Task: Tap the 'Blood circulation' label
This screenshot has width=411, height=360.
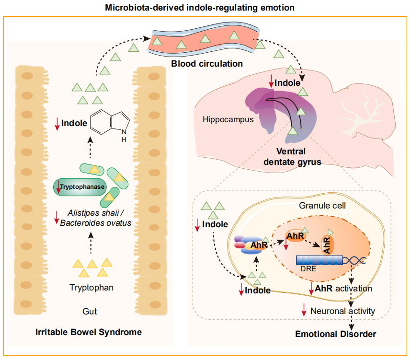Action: (x=207, y=63)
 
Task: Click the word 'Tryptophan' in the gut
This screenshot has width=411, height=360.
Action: (x=91, y=288)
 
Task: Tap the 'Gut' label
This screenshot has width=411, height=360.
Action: (x=90, y=312)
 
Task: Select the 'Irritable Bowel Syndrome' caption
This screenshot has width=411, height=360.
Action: (x=89, y=332)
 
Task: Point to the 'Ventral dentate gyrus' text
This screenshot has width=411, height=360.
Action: (x=298, y=157)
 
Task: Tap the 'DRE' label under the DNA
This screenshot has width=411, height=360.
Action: (x=308, y=269)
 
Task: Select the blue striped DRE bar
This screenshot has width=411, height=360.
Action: (x=319, y=260)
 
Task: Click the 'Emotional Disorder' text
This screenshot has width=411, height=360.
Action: (x=335, y=334)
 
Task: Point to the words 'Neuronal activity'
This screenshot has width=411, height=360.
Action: (x=342, y=311)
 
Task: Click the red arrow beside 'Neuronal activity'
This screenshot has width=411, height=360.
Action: (x=303, y=310)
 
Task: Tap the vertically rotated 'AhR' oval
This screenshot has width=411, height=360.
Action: (x=328, y=244)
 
